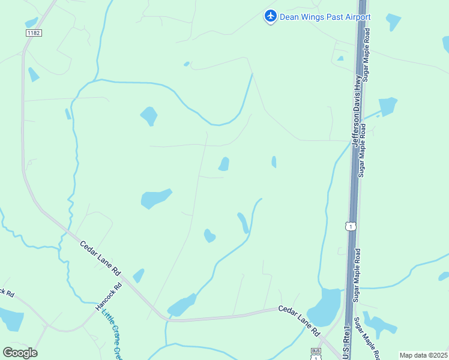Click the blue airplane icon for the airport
tap(271, 16)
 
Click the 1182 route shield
tap(34, 32)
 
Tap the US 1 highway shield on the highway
tap(351, 226)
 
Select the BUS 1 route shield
tap(316, 354)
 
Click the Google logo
tap(20, 353)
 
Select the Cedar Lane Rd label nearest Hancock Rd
tap(100, 258)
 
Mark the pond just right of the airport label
tap(393, 22)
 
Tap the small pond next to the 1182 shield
tap(31, 23)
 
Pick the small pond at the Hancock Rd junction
tap(139, 275)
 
